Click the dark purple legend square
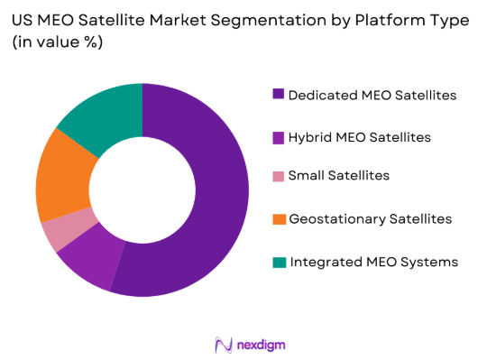pyautogui.click(x=277, y=94)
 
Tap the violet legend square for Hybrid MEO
pyautogui.click(x=277, y=137)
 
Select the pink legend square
pyautogui.click(x=277, y=175)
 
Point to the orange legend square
pyautogui.click(x=277, y=218)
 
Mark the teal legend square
pyautogui.click(x=277, y=262)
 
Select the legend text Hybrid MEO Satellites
pyautogui.click(x=359, y=137)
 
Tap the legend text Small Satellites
pyautogui.click(x=338, y=175)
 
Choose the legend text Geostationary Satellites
pyautogui.click(x=370, y=218)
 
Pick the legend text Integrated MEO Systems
pyautogui.click(x=372, y=262)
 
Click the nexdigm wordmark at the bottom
pyautogui.click(x=262, y=344)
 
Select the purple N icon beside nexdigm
pyautogui.click(x=222, y=344)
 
